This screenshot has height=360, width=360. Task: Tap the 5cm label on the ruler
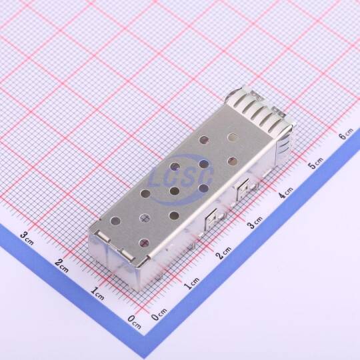tap(316, 163)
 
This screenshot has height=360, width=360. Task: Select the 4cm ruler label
tap(285, 193)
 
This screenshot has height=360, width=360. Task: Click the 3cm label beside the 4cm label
tap(255, 222)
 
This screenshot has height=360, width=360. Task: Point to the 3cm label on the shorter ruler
tap(27, 238)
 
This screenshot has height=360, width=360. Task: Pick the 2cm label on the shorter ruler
tap(61, 265)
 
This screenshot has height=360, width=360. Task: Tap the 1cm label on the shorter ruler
tap(97, 293)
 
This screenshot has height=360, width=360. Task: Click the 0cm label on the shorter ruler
tap(134, 322)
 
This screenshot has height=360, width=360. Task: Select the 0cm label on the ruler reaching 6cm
tap(159, 314)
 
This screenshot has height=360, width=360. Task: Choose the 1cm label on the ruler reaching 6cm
tap(191, 283)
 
